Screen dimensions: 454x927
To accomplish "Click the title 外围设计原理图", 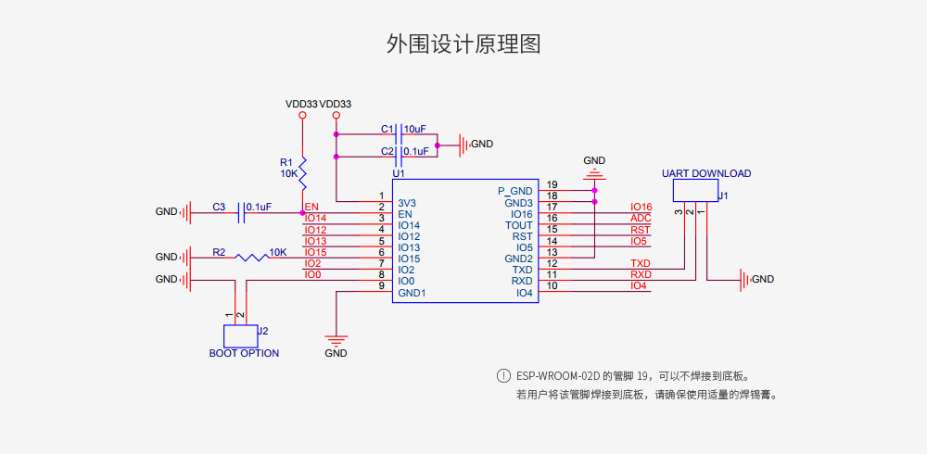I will [x=463, y=44].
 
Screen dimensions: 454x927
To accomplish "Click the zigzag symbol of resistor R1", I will [x=302, y=170].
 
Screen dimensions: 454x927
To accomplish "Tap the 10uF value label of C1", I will [x=415, y=129].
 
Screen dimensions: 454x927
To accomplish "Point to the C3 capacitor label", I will [x=219, y=207].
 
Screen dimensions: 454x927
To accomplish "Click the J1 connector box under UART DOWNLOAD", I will [x=695, y=190].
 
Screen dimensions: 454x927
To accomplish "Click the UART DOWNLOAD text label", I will [x=706, y=173].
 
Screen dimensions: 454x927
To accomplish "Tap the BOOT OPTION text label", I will [x=244, y=353].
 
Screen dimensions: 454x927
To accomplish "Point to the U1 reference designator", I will [x=399, y=173].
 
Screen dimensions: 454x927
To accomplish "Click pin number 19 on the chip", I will [x=552, y=185].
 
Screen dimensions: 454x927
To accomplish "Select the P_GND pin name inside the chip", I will [x=515, y=192].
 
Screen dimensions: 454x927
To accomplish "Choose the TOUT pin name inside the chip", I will [x=519, y=225].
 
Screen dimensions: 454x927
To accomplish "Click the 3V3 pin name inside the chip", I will [x=407, y=203].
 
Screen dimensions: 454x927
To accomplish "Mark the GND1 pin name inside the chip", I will [x=412, y=293].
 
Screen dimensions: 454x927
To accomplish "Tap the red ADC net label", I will [x=641, y=219].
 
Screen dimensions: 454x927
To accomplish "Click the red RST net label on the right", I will [x=641, y=230].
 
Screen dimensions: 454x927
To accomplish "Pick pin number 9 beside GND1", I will [x=381, y=286].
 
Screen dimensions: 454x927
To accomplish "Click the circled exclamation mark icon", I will [x=503, y=376].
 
